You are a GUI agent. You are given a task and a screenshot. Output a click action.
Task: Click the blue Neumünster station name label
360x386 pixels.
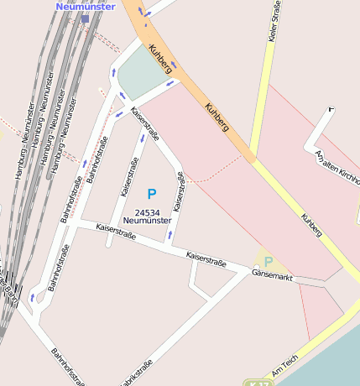(86, 6)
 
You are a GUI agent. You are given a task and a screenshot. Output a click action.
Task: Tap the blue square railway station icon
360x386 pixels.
(85, 18)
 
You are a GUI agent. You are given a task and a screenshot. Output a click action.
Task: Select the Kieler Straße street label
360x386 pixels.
(274, 22)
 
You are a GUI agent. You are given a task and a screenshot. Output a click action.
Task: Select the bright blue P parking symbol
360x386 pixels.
(152, 195)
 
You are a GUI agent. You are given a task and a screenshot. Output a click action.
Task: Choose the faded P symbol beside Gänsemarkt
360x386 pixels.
(269, 262)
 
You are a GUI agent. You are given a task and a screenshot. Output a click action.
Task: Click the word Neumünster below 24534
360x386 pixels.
(147, 221)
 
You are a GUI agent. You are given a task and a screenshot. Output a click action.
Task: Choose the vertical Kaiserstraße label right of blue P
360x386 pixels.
(179, 191)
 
